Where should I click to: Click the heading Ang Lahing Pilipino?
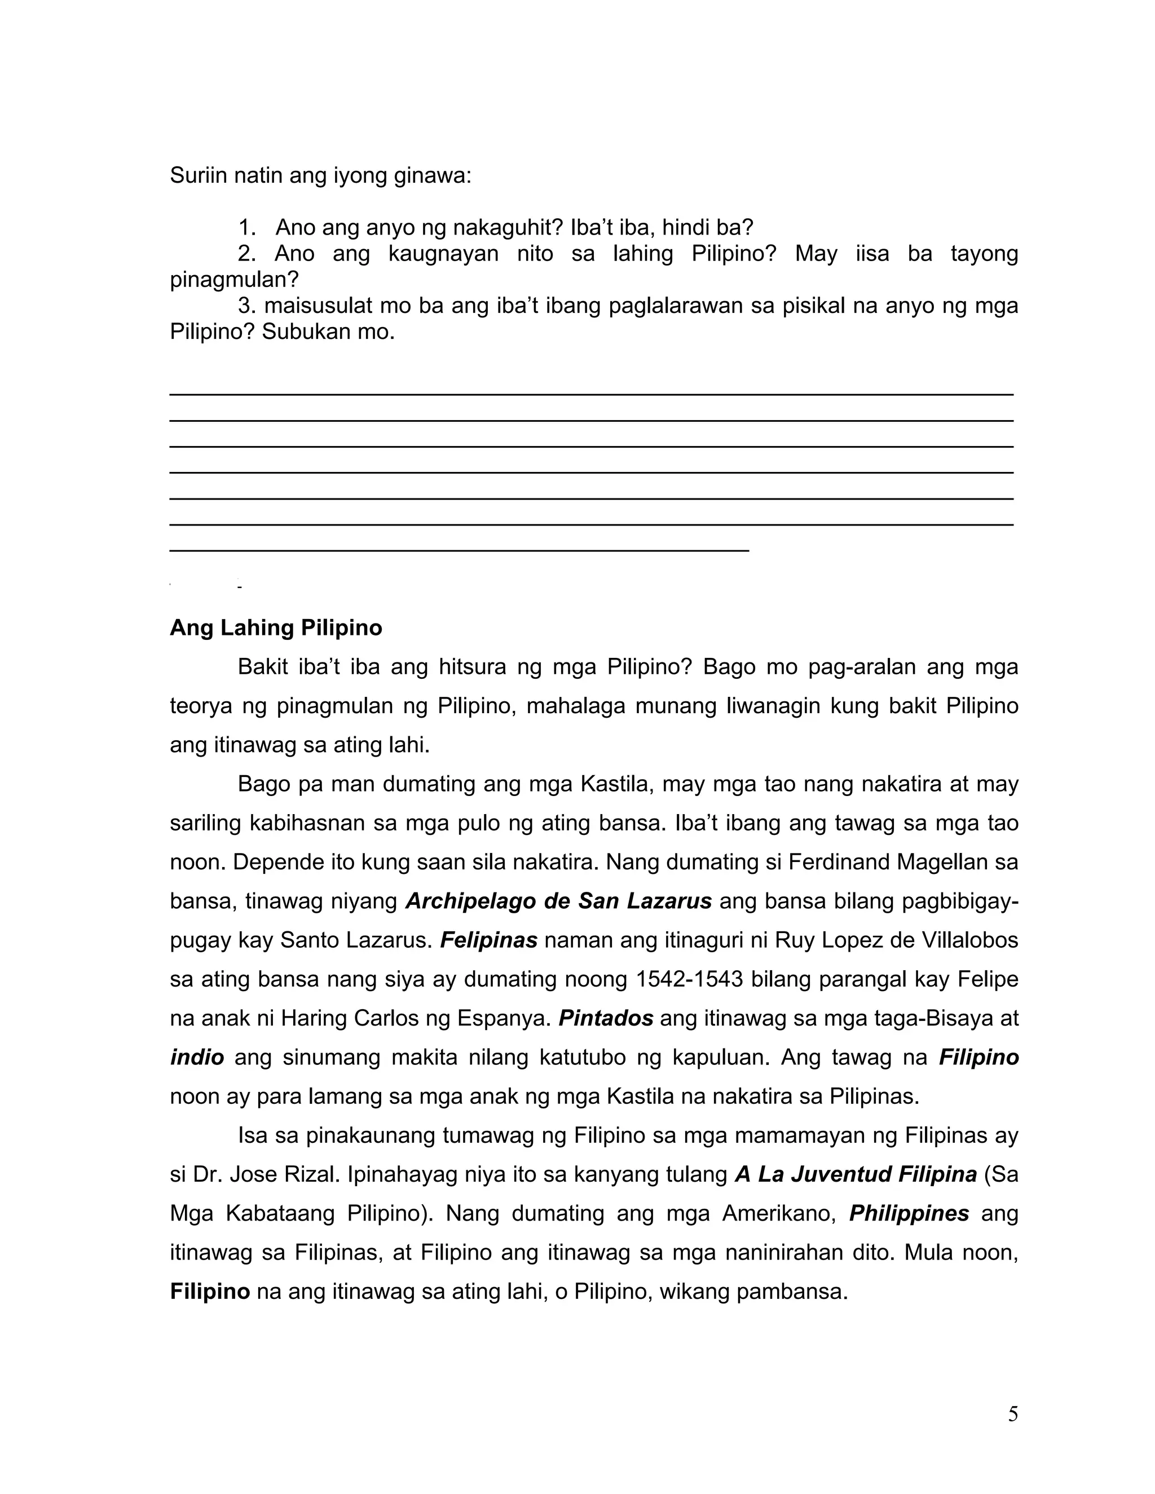(276, 627)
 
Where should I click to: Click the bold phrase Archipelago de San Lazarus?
(558, 901)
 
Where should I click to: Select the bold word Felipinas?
(488, 940)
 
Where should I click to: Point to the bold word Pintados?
(606, 1018)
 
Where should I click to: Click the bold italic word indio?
(197, 1057)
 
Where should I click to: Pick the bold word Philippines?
(909, 1213)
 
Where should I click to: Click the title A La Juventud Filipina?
(856, 1174)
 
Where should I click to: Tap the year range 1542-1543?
(689, 979)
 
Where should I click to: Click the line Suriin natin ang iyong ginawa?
(320, 176)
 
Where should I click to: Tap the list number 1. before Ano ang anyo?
(247, 227)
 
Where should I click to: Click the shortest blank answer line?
(459, 550)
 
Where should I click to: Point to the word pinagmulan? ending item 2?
(235, 279)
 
